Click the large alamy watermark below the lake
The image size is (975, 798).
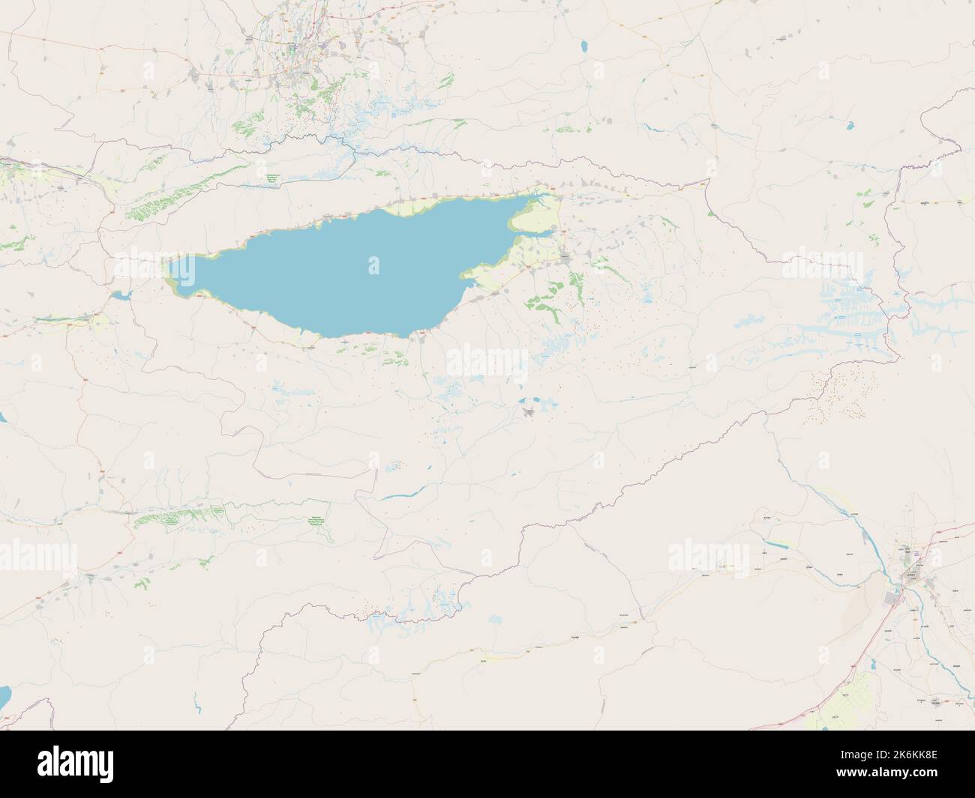coord(487,363)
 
